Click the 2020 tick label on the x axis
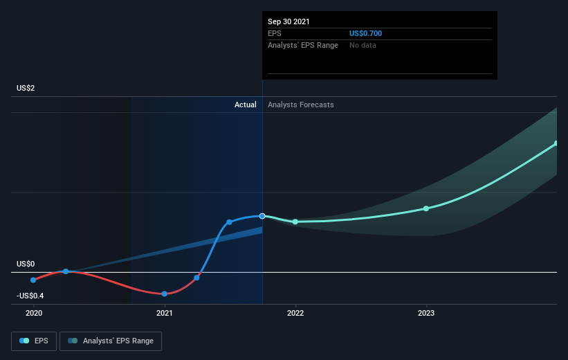pyautogui.click(x=34, y=313)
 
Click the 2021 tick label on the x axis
pyautogui.click(x=165, y=313)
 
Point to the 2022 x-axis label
pyautogui.click(x=295, y=313)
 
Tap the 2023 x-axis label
pyautogui.click(x=426, y=313)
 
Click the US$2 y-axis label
pyautogui.click(x=26, y=88)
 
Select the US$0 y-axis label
pyautogui.click(x=26, y=264)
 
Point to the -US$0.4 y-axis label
pyautogui.click(x=30, y=296)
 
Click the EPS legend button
pyautogui.click(x=34, y=341)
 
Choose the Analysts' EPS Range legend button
pyautogui.click(x=111, y=341)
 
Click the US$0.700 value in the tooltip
pyautogui.click(x=365, y=33)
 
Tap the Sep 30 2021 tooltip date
pyautogui.click(x=288, y=21)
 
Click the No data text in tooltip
pyautogui.click(x=363, y=45)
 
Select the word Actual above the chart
pyautogui.click(x=245, y=105)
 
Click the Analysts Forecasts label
pyautogui.click(x=301, y=105)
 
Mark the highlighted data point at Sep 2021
pyautogui.click(x=262, y=216)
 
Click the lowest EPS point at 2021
pyautogui.click(x=165, y=294)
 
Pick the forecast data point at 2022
pyautogui.click(x=295, y=222)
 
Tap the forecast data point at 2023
pyautogui.click(x=426, y=208)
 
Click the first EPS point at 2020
pyautogui.click(x=33, y=280)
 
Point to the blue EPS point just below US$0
pyautogui.click(x=196, y=278)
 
